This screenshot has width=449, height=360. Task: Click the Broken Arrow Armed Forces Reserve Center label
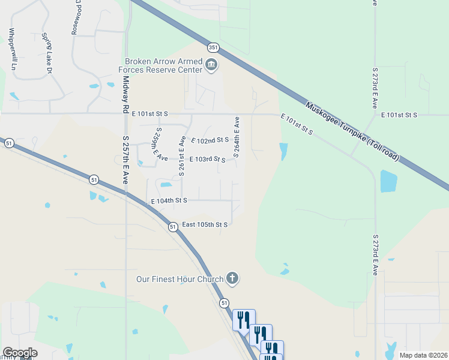[163, 65]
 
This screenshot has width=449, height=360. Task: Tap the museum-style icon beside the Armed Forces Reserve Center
[211, 65]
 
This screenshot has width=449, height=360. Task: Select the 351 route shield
[212, 47]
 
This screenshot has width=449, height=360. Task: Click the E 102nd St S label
[210, 140]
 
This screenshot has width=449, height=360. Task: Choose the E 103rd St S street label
[207, 160]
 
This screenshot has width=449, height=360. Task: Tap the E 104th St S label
[169, 200]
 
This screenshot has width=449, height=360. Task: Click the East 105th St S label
[205, 224]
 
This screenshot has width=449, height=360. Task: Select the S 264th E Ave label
[237, 137]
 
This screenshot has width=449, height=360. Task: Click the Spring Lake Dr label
[45, 54]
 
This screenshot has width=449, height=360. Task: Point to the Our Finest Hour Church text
[179, 279]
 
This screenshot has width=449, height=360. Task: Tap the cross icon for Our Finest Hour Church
[233, 278]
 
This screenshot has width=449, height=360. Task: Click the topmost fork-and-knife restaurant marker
[244, 319]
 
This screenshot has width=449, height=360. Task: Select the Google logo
[20, 353]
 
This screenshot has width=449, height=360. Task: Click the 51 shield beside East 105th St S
[173, 227]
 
